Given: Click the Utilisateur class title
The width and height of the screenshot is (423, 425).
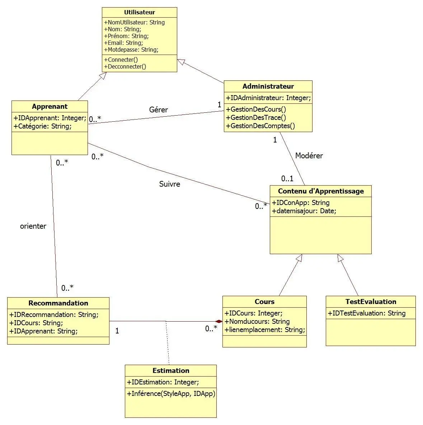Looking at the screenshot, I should coord(139,12).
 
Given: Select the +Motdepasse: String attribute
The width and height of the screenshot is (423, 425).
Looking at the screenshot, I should coord(131,50).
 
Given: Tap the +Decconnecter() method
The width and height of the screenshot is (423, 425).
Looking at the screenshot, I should coord(125,66).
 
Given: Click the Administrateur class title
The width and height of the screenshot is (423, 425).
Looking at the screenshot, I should coord(268,86).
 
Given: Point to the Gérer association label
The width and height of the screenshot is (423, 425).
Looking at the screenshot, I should coord(158,110).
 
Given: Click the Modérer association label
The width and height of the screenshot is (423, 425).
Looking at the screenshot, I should coord(309,156).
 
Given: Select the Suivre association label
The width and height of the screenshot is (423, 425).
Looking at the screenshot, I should coord(169,184).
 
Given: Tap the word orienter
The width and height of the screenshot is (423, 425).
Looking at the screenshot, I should coord(33,226).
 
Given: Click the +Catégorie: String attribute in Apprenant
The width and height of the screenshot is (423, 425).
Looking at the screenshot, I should coord(42,126).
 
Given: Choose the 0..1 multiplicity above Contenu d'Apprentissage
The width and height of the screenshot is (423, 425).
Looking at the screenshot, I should coord(287,178).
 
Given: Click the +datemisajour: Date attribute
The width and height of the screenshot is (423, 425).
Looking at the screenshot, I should coord(304,211).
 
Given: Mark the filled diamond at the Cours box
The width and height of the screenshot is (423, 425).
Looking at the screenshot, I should coord(218,321).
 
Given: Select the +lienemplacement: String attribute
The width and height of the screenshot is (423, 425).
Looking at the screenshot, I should coord(265,330).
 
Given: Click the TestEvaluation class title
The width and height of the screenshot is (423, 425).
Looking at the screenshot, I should coord(371,302).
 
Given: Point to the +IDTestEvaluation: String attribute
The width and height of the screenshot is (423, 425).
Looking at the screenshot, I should coord(366,313).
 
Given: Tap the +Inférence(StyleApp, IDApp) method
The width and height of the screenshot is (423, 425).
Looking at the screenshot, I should coord(171,393).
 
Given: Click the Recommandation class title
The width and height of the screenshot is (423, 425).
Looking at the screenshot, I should coord(58,303).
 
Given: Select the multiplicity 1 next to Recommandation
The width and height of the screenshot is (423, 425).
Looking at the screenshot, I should coord(117,331).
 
